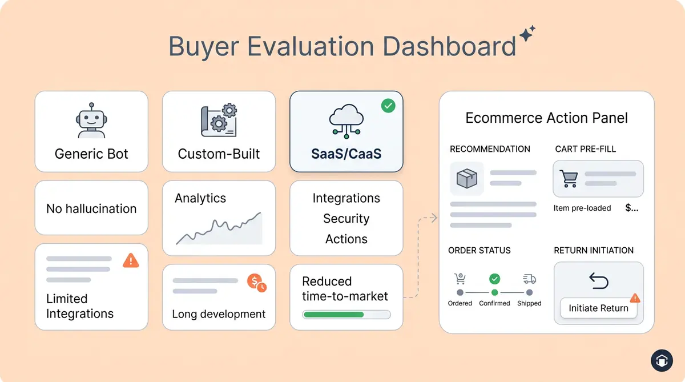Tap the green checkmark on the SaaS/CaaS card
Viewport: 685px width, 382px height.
(388, 106)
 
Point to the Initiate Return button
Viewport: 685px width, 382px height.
(598, 308)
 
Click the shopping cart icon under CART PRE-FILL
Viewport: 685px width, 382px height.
(569, 179)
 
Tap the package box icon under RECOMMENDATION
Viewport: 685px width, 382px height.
(467, 179)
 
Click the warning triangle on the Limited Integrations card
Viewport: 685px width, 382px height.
(131, 261)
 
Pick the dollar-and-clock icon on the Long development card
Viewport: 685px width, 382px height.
(256, 282)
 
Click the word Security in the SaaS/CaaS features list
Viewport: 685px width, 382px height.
(346, 219)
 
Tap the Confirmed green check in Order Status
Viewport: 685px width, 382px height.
(494, 279)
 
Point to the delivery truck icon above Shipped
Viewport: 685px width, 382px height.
(529, 279)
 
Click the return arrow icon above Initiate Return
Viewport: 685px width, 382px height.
(598, 281)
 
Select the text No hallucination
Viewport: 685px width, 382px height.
(91, 209)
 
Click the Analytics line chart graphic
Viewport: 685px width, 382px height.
(219, 230)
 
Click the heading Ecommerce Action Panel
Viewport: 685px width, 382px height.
(546, 118)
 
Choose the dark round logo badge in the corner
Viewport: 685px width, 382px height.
(661, 361)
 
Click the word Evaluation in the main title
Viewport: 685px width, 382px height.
(312, 47)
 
